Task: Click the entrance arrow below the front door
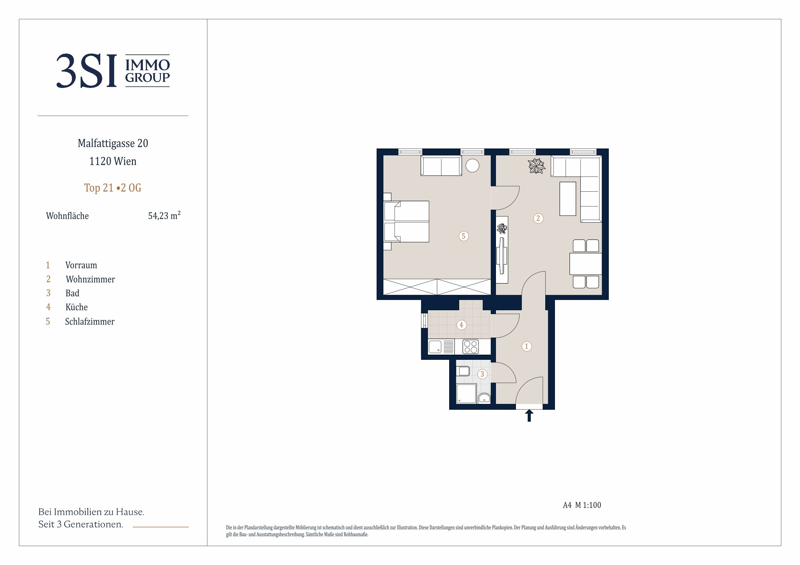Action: pyautogui.click(x=529, y=415)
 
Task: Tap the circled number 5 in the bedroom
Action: pyautogui.click(x=463, y=236)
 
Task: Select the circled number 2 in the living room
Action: pyautogui.click(x=538, y=218)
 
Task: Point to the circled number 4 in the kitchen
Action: pyautogui.click(x=461, y=325)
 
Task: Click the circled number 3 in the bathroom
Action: pyautogui.click(x=482, y=374)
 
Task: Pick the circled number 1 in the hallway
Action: pyautogui.click(x=527, y=346)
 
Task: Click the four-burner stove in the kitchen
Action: pyautogui.click(x=471, y=347)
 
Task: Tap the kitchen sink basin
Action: pyautogui.click(x=435, y=347)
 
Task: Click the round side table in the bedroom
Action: pyautogui.click(x=472, y=165)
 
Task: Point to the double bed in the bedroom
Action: pyautogui.click(x=406, y=221)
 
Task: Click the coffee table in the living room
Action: pyautogui.click(x=568, y=198)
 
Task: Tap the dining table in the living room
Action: pyautogui.click(x=586, y=264)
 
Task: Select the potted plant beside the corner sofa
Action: pyautogui.click(x=537, y=166)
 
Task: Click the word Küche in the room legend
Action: pyautogui.click(x=77, y=307)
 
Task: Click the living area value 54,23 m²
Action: pyautogui.click(x=164, y=215)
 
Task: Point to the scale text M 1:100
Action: pyautogui.click(x=588, y=505)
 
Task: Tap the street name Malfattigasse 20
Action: pyautogui.click(x=113, y=143)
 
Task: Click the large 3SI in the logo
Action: pyautogui.click(x=86, y=71)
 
